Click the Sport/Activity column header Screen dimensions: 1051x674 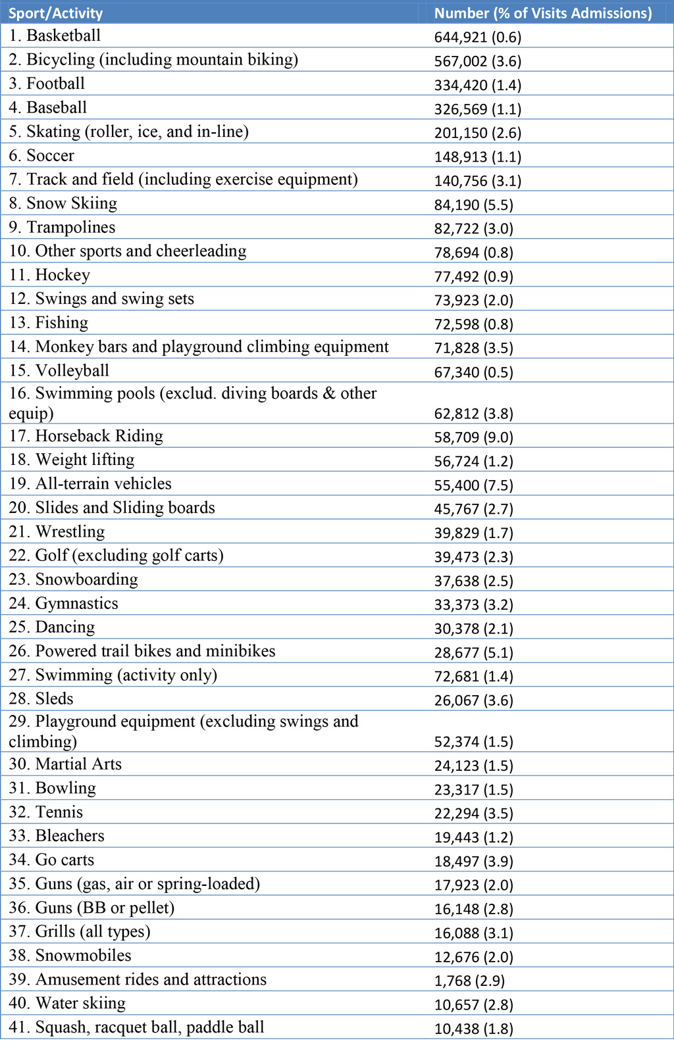tap(55, 13)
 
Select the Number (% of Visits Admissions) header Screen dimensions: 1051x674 tap(543, 13)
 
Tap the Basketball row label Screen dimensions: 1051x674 tap(55, 36)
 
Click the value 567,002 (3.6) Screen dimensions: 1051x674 tap(478, 61)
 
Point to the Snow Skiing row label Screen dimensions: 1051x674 tap(63, 203)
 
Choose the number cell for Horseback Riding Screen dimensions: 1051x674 tap(474, 437)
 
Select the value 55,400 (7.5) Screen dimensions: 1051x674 tap(474, 485)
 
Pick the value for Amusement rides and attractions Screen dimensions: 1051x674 tap(469, 981)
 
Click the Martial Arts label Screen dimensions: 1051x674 tap(65, 764)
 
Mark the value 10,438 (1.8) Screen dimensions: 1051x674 tap(474, 1029)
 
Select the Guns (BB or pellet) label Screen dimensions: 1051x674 tap(91, 908)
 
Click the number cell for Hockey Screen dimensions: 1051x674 tap(474, 276)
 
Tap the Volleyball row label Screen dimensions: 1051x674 tap(59, 371)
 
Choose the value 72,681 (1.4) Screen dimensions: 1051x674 tap(474, 676)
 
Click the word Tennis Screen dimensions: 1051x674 tap(59, 812)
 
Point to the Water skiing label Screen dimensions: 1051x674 tap(67, 1004)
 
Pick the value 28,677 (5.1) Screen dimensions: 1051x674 tap(474, 652)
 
